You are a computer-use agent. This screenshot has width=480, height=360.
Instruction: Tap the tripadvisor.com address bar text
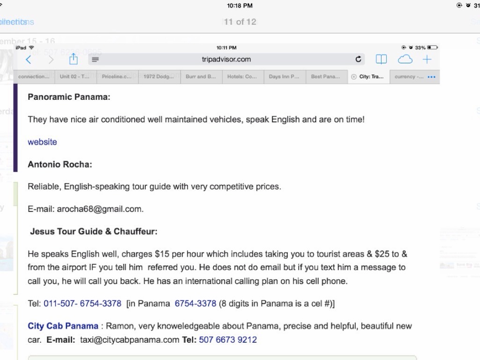coord(226,60)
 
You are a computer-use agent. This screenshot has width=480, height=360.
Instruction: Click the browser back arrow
coord(29,60)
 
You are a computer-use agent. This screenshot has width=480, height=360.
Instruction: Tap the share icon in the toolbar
coord(73,59)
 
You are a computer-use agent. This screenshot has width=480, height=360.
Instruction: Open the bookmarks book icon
coord(381,60)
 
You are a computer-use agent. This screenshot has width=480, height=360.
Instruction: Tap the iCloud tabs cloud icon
coord(405,60)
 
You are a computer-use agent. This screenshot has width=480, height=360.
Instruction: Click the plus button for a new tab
coord(427,60)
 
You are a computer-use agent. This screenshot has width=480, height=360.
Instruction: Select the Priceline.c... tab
coord(117,77)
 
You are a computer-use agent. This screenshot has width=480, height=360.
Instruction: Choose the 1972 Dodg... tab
coord(158,77)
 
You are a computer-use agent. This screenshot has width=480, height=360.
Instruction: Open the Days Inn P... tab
coord(284,77)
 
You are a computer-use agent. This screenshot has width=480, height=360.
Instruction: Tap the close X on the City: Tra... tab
coord(353,77)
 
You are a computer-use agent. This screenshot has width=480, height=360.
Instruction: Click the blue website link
coord(42,142)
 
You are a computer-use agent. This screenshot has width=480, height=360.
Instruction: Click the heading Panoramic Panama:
coord(69,97)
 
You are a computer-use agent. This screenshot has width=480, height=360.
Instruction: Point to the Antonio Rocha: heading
coord(60,164)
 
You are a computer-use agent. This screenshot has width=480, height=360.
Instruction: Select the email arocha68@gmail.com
coord(100,209)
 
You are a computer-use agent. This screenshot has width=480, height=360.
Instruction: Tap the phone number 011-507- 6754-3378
coord(82,303)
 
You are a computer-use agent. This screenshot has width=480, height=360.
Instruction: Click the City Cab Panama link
coord(63,326)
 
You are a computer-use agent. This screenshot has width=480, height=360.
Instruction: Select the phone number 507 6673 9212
coord(228,339)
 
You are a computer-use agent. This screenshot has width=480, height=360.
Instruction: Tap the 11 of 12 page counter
coord(240,22)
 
